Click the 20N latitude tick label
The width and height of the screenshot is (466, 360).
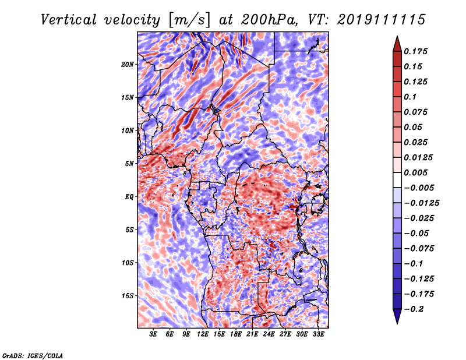pos(128,64)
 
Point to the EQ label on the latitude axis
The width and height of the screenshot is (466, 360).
pos(129,197)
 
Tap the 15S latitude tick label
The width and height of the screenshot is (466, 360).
pos(128,296)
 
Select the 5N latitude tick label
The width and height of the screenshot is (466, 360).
pos(129,164)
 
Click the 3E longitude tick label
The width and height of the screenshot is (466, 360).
pos(153,334)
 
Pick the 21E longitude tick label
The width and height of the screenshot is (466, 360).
pos(252,334)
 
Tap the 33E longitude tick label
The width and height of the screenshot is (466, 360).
pos(318,334)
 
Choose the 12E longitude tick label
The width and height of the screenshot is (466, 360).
pos(203,334)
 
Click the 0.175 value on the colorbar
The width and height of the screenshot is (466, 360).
pos(415,51)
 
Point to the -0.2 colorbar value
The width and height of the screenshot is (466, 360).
pos(414,309)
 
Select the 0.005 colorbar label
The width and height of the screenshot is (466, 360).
pos(415,172)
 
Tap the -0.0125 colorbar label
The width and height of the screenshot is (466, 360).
pos(421,203)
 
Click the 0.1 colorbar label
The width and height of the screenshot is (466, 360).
pos(410,97)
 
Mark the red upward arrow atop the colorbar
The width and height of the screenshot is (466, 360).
pos(397,44)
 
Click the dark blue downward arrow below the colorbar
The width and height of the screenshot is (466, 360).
pos(397,316)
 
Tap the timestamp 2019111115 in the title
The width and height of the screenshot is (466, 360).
pos(382,20)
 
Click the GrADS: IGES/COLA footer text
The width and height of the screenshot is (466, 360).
pos(33,356)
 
